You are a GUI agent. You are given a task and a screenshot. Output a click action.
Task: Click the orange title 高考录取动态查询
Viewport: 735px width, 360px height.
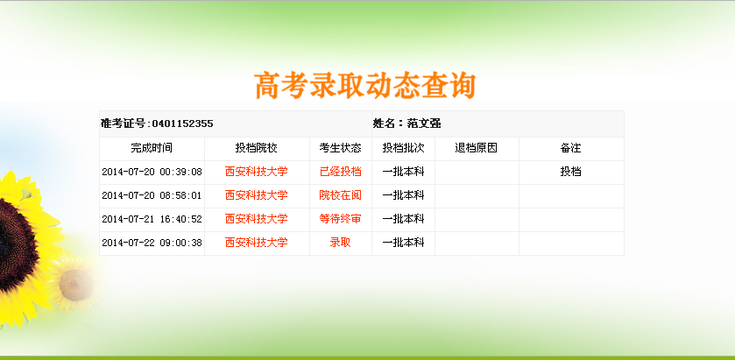point(365,86)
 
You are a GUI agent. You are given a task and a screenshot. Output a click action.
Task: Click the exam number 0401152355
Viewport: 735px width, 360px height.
point(183,124)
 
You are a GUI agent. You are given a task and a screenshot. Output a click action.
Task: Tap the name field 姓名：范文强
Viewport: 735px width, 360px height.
point(406,124)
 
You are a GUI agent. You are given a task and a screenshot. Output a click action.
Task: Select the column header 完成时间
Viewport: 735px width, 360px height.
point(152,148)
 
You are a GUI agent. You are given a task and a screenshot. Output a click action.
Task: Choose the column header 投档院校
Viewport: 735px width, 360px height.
point(257,148)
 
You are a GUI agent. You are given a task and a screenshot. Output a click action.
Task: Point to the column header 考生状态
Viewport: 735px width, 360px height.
point(340,148)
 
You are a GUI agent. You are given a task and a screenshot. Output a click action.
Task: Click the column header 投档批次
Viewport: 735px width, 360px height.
point(403,148)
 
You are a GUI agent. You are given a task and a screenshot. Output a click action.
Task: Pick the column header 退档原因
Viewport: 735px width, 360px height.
point(477,148)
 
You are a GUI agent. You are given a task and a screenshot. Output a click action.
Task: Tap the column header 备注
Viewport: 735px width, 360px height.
point(571,148)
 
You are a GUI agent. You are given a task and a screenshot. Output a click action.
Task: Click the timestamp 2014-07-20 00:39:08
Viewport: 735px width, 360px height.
point(152,172)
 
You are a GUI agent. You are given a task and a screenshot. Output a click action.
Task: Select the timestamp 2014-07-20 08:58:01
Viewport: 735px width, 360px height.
point(152,195)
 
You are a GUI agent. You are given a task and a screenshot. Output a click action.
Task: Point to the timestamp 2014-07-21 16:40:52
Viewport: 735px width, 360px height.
point(152,219)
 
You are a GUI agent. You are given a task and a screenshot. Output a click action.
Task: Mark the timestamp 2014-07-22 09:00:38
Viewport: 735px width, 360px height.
point(152,243)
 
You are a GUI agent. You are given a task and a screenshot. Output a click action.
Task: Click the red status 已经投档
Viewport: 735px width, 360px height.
point(340,172)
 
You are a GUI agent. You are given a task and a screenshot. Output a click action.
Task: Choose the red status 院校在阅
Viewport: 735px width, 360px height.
point(340,195)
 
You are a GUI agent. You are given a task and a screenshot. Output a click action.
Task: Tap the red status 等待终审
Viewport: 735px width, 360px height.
point(340,219)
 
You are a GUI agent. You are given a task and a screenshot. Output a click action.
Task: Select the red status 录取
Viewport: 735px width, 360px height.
point(340,243)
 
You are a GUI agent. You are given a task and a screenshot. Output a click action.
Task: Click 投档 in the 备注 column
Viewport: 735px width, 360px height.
point(571,172)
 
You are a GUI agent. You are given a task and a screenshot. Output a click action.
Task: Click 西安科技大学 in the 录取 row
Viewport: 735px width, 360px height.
point(257,243)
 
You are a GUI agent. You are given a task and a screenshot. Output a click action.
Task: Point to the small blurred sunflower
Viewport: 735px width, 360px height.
point(75,284)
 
